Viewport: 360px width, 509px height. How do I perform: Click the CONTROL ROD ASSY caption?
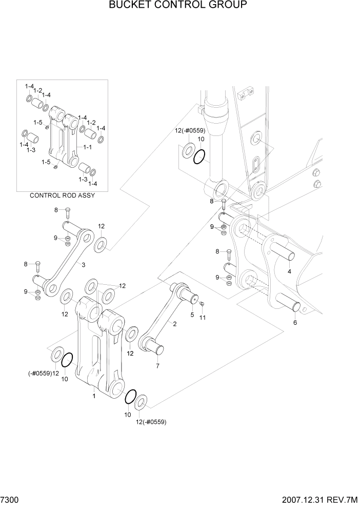click(62, 195)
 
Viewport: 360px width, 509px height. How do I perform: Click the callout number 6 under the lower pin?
click(295, 323)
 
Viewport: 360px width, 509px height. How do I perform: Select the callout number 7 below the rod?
click(157, 366)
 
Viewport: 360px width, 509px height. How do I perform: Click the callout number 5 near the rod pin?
click(192, 315)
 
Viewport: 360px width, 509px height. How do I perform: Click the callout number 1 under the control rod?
click(94, 396)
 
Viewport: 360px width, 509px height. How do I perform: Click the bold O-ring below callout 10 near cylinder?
click(201, 156)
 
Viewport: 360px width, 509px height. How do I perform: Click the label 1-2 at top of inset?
click(38, 90)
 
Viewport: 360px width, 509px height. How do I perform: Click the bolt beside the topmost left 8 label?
click(67, 211)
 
